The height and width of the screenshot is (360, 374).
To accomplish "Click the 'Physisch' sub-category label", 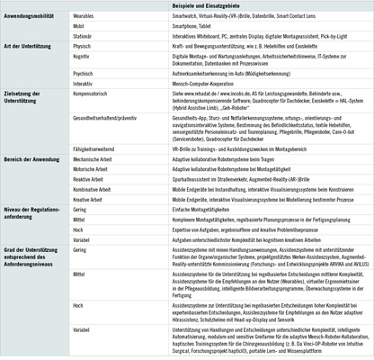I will click(85, 47).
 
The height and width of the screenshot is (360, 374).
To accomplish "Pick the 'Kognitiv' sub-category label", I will click(85, 57).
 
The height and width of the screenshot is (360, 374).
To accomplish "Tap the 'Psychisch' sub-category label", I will click(86, 72).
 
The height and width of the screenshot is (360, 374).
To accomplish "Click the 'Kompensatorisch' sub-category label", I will click(95, 93).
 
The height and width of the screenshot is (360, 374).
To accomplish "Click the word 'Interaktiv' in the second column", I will click(87, 82).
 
